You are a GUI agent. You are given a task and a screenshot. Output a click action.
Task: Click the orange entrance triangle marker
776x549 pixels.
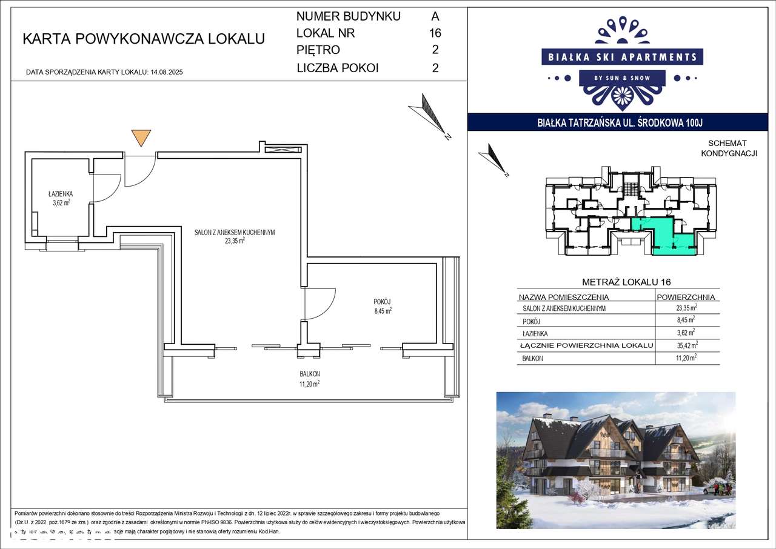click(x=141, y=137)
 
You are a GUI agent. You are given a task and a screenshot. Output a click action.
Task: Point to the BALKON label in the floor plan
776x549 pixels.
click(x=309, y=374)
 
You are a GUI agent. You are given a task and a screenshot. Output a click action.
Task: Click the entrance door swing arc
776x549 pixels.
click(x=140, y=171)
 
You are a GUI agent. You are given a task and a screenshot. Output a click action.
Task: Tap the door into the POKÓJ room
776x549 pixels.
click(x=319, y=302)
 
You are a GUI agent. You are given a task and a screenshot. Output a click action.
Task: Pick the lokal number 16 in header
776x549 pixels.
click(x=435, y=33)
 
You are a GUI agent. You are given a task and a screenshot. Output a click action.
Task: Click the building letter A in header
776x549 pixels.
click(x=435, y=16)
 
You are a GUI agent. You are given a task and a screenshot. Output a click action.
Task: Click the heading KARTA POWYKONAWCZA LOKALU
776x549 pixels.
click(x=144, y=39)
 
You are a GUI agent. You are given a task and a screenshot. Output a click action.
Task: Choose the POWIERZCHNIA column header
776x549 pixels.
click(x=686, y=297)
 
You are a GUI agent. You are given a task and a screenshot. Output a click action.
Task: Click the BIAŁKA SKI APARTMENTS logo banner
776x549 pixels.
click(x=622, y=58)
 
